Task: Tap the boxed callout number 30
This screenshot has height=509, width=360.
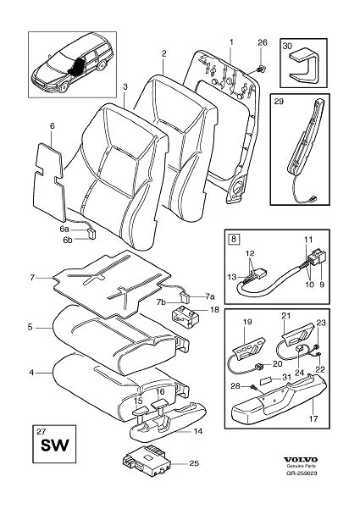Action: coord(288,48)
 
